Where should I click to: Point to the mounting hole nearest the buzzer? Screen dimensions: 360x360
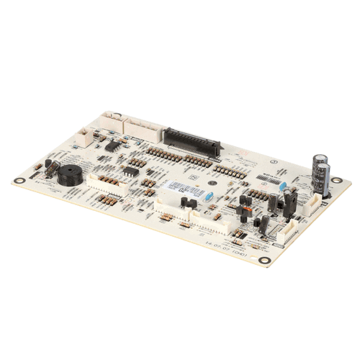17,181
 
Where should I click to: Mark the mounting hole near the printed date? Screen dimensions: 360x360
265,260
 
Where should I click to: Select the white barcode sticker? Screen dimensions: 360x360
177,188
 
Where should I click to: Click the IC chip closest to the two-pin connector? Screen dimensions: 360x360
112,145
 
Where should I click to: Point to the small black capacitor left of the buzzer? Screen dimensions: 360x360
49,167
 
